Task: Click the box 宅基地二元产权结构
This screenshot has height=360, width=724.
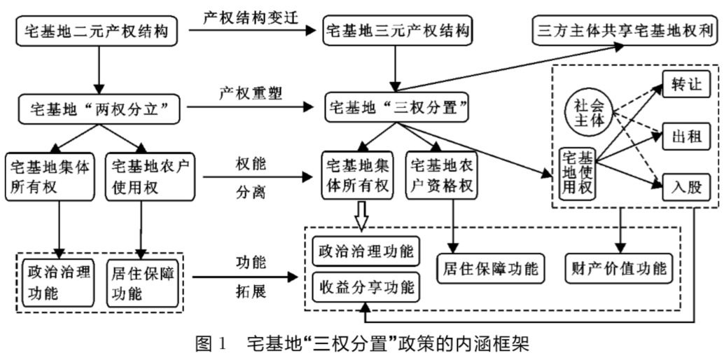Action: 97,31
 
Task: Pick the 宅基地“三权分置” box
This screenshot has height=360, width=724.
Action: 397,109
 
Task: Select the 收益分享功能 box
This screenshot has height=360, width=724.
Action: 366,286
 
